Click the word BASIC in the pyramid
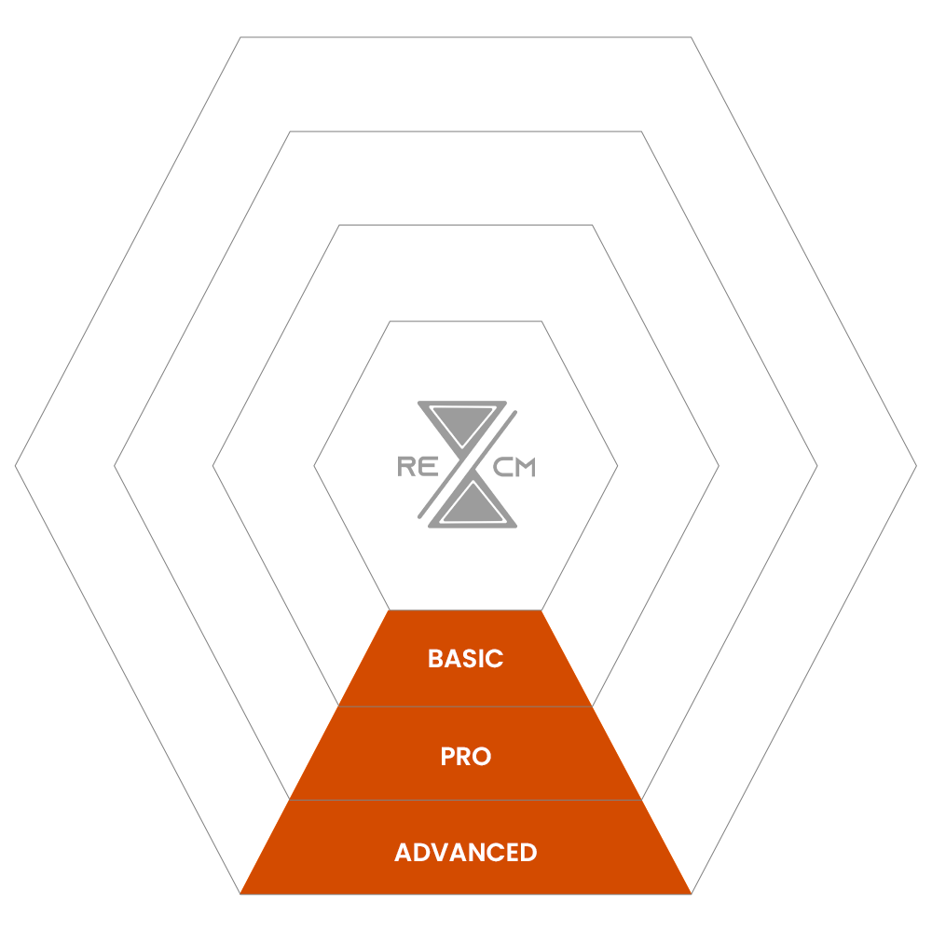point(465,659)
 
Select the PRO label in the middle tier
point(465,757)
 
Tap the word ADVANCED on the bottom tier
point(465,853)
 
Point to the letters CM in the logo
point(514,468)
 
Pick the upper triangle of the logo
point(463,421)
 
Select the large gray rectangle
point(465,184)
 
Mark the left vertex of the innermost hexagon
point(314,465)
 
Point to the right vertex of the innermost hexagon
point(617,465)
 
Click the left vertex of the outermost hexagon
point(16,465)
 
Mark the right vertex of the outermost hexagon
point(916,465)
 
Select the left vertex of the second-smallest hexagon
point(213,465)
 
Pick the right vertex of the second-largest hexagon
point(817,465)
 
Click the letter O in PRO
point(480,757)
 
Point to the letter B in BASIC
point(435,659)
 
